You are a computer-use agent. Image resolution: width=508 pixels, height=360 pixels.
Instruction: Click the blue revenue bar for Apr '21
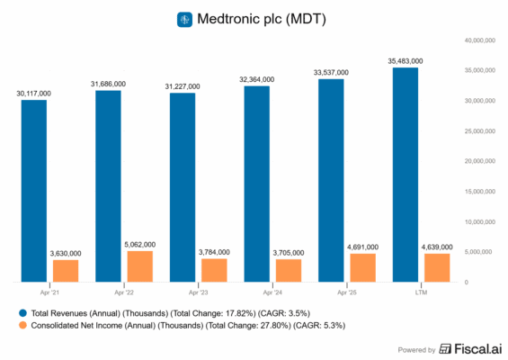33,190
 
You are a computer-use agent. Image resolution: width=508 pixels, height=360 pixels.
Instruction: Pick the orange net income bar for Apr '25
362,267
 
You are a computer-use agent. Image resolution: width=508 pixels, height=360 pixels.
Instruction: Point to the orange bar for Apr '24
288,270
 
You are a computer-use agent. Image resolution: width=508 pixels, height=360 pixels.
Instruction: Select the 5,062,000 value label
139,244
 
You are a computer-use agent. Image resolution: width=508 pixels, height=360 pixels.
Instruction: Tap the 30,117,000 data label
33,93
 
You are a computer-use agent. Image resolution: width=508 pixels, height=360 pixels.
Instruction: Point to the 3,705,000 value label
288,253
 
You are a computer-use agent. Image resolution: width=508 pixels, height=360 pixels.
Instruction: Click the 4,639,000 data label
437,247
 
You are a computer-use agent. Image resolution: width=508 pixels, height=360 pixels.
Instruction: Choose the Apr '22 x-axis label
124,292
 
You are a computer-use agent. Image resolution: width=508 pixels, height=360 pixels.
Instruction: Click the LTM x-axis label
421,292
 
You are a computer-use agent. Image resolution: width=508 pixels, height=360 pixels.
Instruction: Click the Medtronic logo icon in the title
184,19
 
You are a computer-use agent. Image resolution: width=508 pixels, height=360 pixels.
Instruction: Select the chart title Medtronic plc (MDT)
265,19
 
